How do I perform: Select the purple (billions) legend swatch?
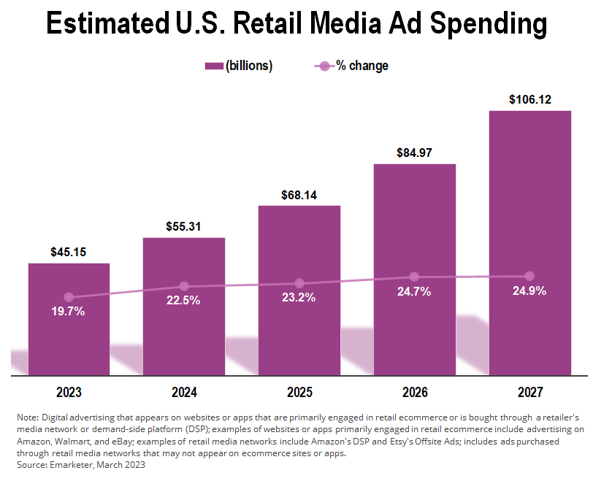(x=213, y=66)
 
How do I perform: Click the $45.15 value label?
(x=69, y=253)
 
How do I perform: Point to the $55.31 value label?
(x=183, y=227)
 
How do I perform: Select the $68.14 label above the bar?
(x=299, y=195)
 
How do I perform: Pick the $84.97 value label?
(x=414, y=153)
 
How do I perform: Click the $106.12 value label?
(x=529, y=99)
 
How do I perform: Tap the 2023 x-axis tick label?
(x=69, y=392)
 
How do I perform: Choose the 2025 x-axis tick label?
(x=299, y=392)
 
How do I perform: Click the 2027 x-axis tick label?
(x=529, y=392)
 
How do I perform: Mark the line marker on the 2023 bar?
(x=69, y=297)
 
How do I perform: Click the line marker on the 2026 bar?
(x=414, y=277)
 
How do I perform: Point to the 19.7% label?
(x=69, y=312)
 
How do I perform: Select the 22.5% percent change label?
(x=183, y=301)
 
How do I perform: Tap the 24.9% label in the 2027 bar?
(x=529, y=290)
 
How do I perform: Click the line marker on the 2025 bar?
(x=299, y=283)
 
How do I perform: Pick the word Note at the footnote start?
(x=26, y=416)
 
